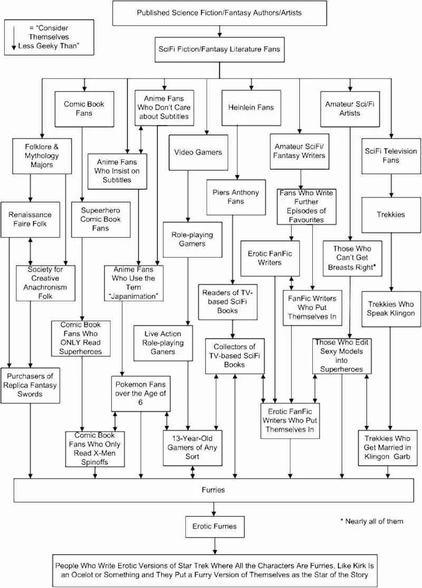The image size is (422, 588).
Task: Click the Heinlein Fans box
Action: [251, 108]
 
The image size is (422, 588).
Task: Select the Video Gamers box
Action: [198, 153]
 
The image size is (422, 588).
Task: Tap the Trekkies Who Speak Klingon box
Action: [391, 309]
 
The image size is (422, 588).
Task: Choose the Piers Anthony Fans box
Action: [236, 197]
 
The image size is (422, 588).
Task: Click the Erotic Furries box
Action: [215, 526]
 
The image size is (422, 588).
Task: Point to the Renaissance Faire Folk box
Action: [30, 220]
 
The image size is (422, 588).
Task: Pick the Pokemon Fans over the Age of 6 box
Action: [140, 394]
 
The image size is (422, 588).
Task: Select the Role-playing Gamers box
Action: [192, 240]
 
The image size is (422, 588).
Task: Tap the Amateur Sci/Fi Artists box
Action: [350, 109]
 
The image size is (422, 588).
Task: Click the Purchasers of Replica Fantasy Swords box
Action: [30, 385]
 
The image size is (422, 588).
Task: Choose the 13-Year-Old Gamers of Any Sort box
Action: [192, 448]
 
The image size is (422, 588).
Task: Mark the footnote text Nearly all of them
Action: [372, 521]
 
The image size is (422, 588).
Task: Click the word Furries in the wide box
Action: [213, 490]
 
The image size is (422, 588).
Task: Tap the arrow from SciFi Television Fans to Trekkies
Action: [391, 186]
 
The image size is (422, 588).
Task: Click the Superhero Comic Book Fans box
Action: [101, 220]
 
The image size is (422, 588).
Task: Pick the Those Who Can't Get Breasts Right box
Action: [352, 259]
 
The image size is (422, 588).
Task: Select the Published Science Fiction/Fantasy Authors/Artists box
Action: [219, 13]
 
